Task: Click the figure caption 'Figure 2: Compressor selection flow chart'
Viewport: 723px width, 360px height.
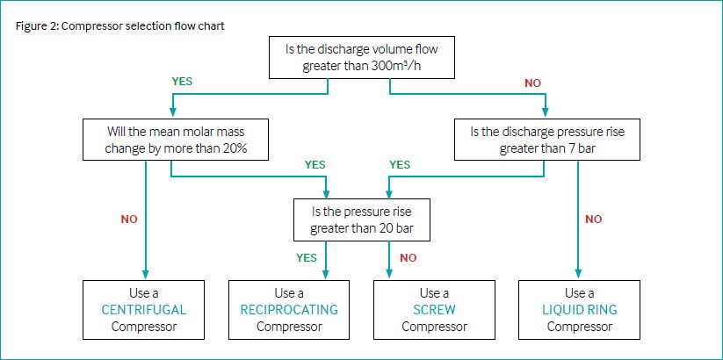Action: (x=119, y=25)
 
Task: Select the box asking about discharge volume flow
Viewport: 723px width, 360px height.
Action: (x=362, y=57)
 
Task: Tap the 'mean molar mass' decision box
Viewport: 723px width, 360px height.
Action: (x=176, y=140)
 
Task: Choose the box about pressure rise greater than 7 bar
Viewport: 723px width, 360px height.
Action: (x=546, y=140)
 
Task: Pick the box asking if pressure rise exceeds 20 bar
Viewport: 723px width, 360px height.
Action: (x=362, y=220)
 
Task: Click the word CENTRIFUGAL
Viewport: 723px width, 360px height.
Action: (x=144, y=310)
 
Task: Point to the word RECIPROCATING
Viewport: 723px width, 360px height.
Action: (x=289, y=310)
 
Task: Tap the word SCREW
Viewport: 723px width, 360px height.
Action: (x=434, y=310)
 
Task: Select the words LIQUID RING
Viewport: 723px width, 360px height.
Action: (x=579, y=310)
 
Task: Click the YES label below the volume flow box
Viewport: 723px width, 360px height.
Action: (x=182, y=82)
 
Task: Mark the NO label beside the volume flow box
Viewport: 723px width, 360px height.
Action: (x=532, y=83)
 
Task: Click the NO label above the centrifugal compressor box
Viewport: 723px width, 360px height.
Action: (x=129, y=220)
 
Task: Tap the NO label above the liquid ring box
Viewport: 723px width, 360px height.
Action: (x=594, y=220)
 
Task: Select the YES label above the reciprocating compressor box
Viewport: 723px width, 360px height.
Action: (x=307, y=257)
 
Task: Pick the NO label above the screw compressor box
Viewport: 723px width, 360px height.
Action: (x=408, y=257)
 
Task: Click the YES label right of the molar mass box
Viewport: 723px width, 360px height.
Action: (x=315, y=164)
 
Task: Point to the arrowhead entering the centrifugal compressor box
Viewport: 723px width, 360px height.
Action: (x=146, y=274)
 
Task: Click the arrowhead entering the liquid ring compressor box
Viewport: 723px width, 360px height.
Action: (x=578, y=274)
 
